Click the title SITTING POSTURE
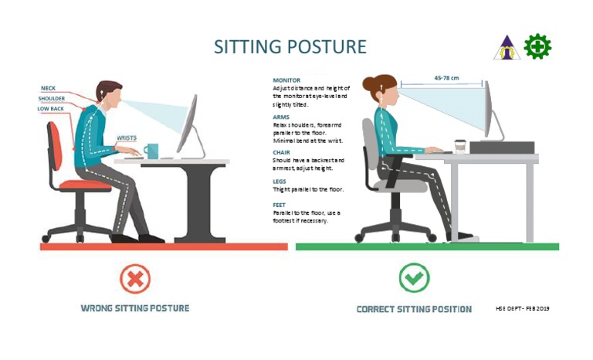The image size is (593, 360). (x=290, y=46)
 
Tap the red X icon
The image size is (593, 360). (x=134, y=277)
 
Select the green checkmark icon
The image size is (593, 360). (x=414, y=277)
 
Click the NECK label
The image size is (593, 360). (x=48, y=89)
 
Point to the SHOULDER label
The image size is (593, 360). (x=52, y=99)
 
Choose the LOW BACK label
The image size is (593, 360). (x=52, y=109)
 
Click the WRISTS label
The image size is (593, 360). (x=127, y=138)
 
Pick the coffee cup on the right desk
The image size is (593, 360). (x=460, y=147)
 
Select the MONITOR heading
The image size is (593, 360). (x=286, y=80)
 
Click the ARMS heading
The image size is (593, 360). (x=281, y=117)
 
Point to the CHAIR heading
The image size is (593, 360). (x=282, y=152)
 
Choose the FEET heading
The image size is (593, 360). (x=280, y=205)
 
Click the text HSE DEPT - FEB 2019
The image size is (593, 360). (x=522, y=308)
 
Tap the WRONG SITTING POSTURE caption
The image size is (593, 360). (x=135, y=308)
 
